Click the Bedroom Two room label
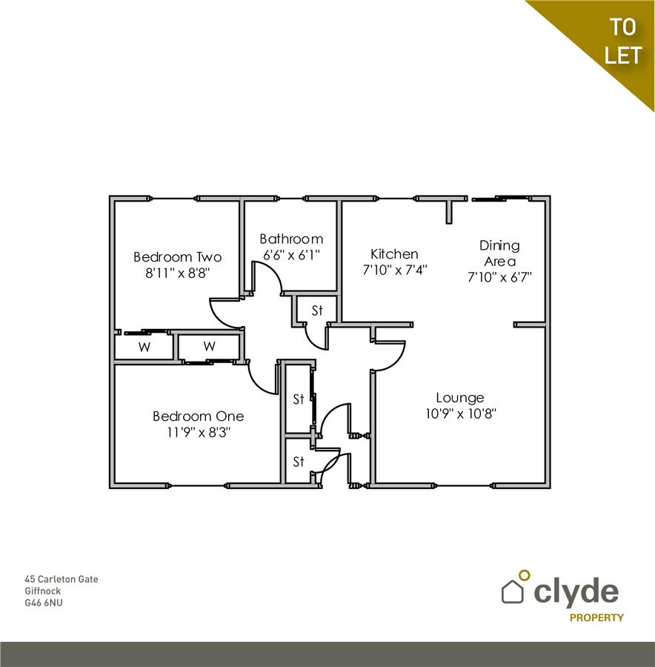(x=177, y=257)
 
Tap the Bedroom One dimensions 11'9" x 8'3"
(x=198, y=431)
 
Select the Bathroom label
(x=291, y=239)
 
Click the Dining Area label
(x=499, y=253)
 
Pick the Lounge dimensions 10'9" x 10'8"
(x=460, y=414)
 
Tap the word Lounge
(x=460, y=398)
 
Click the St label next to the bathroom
(x=317, y=311)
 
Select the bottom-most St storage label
(x=299, y=462)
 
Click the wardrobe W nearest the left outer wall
(x=144, y=347)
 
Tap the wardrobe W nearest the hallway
(x=210, y=346)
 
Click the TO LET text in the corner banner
(x=622, y=42)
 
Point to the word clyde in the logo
(x=576, y=591)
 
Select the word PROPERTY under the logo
(x=596, y=617)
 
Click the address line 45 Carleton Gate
(x=61, y=579)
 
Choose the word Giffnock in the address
(x=43, y=591)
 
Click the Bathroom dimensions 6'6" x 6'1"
(x=291, y=254)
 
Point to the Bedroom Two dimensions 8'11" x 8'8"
(x=177, y=273)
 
